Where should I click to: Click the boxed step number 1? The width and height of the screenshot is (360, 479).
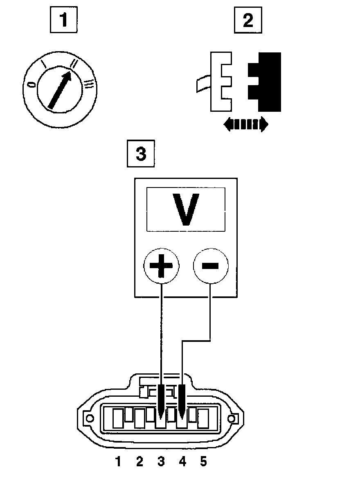pyautogui.click(x=63, y=20)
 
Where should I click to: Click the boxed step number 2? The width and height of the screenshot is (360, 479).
pyautogui.click(x=248, y=20)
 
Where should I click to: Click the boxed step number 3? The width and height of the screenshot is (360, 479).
pyautogui.click(x=141, y=154)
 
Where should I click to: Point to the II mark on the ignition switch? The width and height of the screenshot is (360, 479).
pyautogui.click(x=74, y=63)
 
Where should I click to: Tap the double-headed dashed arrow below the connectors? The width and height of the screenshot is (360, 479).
pyautogui.click(x=246, y=124)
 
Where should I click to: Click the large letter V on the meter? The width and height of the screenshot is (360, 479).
pyautogui.click(x=186, y=209)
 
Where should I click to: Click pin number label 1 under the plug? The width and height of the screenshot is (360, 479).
pyautogui.click(x=118, y=462)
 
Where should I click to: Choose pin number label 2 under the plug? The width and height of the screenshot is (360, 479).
pyautogui.click(x=139, y=462)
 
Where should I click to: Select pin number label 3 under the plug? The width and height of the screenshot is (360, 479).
pyautogui.click(x=161, y=462)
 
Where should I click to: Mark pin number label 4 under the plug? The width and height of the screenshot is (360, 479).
pyautogui.click(x=182, y=462)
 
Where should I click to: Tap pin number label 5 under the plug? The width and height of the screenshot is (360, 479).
pyautogui.click(x=203, y=462)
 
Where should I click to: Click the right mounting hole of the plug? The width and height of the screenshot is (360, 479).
pyautogui.click(x=232, y=419)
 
